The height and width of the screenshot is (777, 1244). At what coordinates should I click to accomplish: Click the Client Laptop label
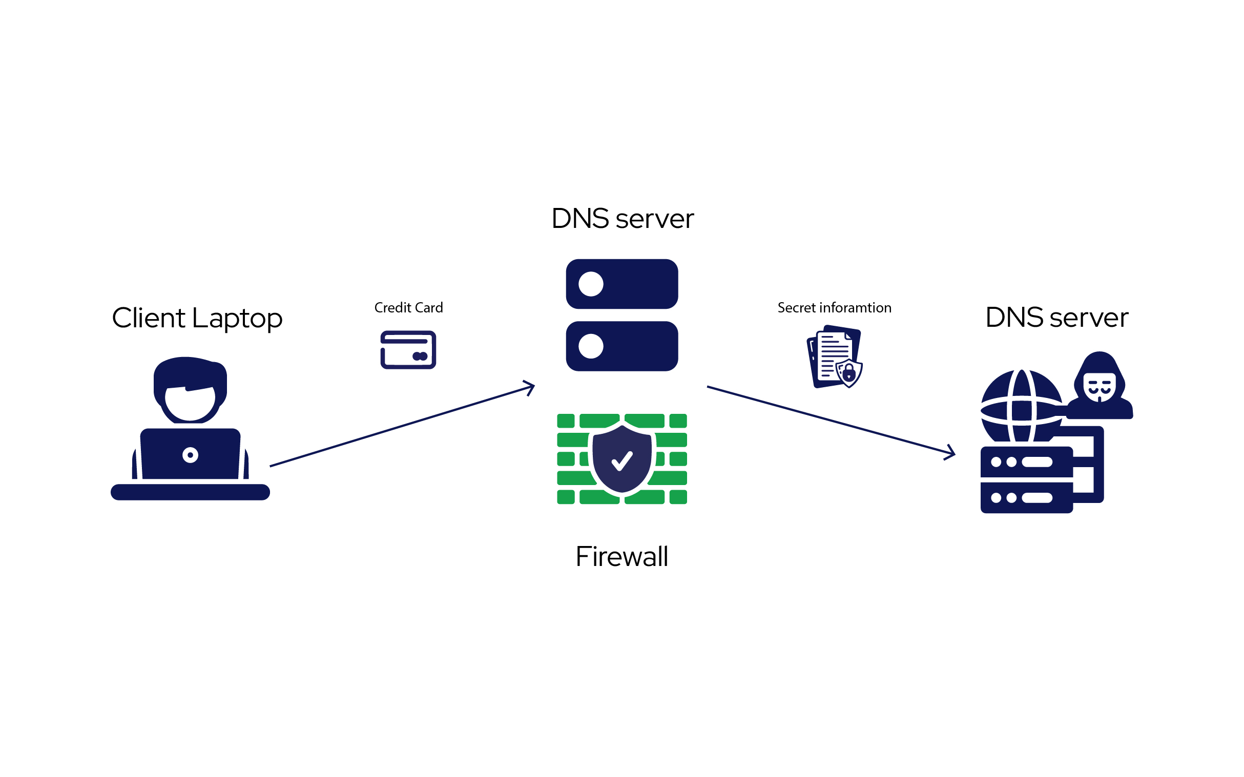click(197, 318)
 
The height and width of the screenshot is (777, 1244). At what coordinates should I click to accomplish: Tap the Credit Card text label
click(408, 308)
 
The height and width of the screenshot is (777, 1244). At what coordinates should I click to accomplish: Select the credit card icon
click(408, 350)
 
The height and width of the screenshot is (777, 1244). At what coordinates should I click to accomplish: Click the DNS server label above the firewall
click(622, 218)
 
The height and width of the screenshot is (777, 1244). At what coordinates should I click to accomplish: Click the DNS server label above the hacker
click(1056, 317)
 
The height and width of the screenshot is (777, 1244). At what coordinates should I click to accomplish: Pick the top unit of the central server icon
click(622, 284)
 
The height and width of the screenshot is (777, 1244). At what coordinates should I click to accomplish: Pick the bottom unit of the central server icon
click(622, 346)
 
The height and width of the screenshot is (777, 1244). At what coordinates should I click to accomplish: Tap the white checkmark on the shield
click(622, 461)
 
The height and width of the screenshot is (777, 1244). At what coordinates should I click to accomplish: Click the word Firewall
click(622, 557)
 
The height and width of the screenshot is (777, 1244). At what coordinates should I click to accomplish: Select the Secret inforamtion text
click(834, 308)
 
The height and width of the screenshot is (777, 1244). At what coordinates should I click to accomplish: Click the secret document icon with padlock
click(834, 356)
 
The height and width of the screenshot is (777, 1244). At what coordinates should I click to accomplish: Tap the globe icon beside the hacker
click(1021, 406)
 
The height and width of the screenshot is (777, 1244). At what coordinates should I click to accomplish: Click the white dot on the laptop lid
click(190, 455)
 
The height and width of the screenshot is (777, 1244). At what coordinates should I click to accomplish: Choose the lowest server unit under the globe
click(1026, 497)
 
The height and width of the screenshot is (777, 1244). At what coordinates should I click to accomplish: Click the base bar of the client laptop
click(190, 492)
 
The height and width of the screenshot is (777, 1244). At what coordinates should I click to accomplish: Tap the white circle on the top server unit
click(591, 284)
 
